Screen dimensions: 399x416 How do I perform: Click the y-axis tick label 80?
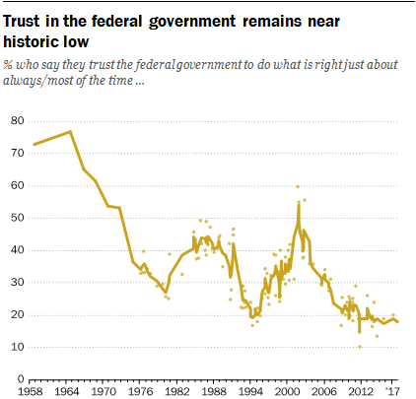click(16, 121)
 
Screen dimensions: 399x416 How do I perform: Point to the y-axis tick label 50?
click(16, 218)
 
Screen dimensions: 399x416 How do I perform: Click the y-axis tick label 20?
click(16, 314)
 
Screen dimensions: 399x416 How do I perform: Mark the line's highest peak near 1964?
click(70, 131)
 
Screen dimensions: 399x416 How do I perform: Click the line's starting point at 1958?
click(34, 145)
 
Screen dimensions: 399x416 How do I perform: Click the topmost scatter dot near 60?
click(298, 186)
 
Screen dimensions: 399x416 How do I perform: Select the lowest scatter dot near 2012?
click(359, 346)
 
